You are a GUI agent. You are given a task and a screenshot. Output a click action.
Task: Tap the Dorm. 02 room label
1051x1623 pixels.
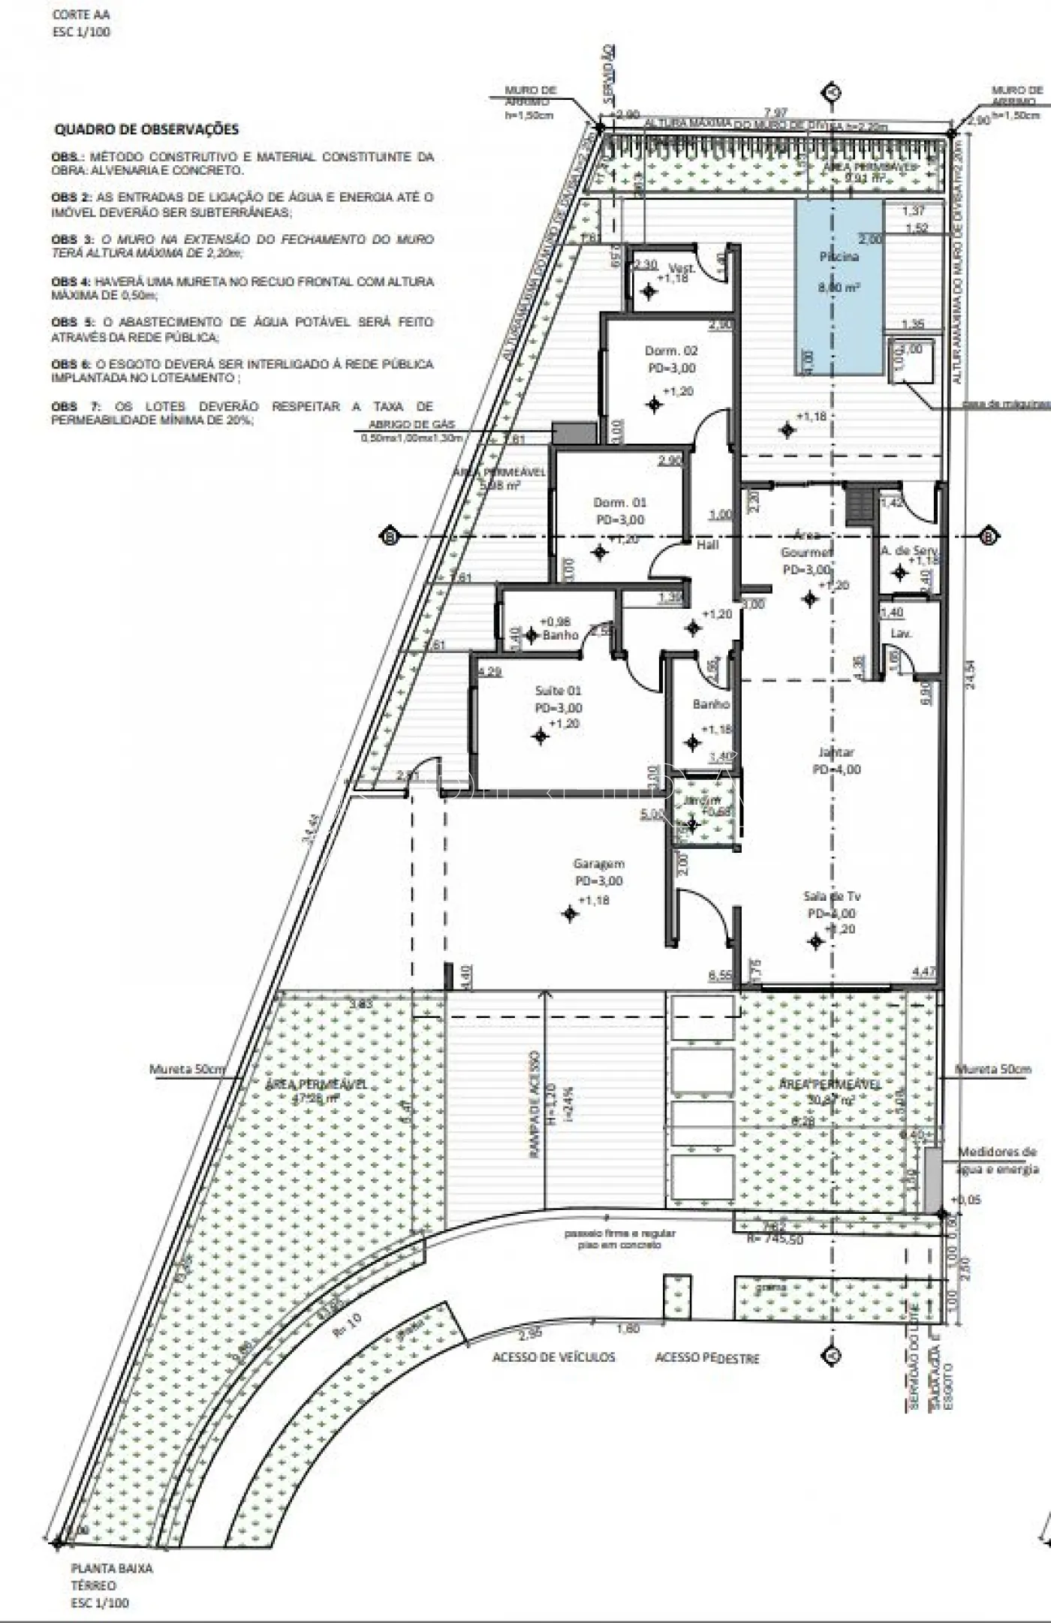671,351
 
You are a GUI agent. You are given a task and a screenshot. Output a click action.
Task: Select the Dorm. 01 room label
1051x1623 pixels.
619,502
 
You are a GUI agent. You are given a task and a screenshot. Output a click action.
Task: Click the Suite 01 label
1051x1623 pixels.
558,690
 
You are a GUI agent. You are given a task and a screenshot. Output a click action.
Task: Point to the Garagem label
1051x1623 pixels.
599,863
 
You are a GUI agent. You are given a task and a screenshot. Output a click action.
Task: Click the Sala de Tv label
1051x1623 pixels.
832,896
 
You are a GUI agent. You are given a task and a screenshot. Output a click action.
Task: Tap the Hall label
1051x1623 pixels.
707,545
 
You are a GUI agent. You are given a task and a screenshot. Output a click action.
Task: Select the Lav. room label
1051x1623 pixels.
901,634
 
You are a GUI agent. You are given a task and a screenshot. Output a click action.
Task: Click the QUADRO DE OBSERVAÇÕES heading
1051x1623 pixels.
146,129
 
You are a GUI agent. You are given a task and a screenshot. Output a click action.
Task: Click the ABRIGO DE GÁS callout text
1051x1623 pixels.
411,424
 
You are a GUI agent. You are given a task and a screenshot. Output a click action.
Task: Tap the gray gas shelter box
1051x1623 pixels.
563,432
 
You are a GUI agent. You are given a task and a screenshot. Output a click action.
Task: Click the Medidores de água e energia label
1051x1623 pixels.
997,1160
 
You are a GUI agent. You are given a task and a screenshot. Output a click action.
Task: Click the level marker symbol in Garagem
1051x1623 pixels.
571,914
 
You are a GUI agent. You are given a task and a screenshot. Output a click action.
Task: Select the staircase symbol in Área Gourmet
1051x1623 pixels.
857,505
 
